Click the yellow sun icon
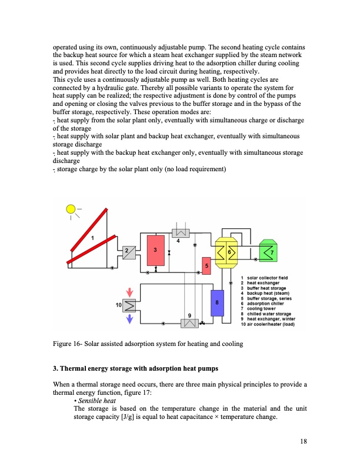pos(71,208)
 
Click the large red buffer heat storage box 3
pos(155,249)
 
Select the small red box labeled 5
pos(206,266)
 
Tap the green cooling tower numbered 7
pos(269,251)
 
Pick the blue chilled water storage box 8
pos(217,302)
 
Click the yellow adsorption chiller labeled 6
pos(224,252)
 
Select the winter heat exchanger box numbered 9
pos(189,323)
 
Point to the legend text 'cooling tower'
pos(261,308)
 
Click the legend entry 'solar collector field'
pos(268,277)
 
